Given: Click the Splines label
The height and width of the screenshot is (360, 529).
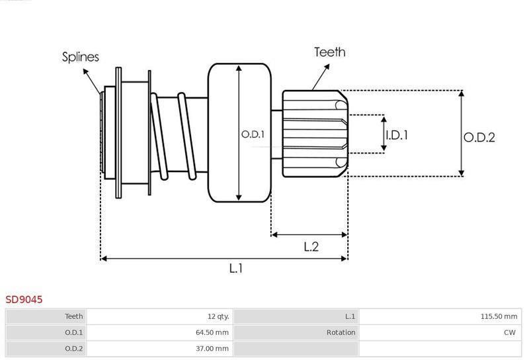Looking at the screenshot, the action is pyautogui.click(x=80, y=57).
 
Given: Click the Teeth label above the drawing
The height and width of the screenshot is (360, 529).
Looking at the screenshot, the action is pyautogui.click(x=330, y=52).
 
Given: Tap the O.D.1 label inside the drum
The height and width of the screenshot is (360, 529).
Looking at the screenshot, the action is pyautogui.click(x=253, y=134).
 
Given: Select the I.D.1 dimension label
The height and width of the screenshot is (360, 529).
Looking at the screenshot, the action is pyautogui.click(x=397, y=135).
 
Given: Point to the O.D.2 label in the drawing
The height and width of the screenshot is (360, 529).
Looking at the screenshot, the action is pyautogui.click(x=479, y=138).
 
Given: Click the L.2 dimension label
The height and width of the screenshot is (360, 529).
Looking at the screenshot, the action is pyautogui.click(x=311, y=247).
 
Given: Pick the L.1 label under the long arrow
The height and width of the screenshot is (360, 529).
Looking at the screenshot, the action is pyautogui.click(x=236, y=269).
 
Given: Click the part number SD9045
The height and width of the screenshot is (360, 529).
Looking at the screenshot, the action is pyautogui.click(x=24, y=300).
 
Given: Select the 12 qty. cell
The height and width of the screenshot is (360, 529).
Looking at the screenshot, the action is pyautogui.click(x=218, y=316).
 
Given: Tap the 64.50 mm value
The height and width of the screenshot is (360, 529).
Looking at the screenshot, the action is pyautogui.click(x=212, y=332).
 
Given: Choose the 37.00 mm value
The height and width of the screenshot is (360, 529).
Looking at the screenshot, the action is pyautogui.click(x=212, y=348).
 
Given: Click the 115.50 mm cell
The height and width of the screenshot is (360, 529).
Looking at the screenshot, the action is pyautogui.click(x=499, y=316).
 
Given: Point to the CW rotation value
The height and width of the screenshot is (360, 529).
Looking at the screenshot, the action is pyautogui.click(x=510, y=332).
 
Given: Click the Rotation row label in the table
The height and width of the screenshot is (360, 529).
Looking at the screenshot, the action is pyautogui.click(x=341, y=332).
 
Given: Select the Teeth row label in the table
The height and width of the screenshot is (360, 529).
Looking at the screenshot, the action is pyautogui.click(x=74, y=316).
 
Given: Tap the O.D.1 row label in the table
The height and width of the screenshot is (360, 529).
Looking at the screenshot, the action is pyautogui.click(x=74, y=332).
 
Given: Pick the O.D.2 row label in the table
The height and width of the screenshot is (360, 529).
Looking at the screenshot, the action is pyautogui.click(x=74, y=348).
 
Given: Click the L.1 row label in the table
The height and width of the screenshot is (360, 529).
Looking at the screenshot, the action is pyautogui.click(x=350, y=316).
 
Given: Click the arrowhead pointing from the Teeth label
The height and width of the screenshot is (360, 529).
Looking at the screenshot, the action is pyautogui.click(x=327, y=67).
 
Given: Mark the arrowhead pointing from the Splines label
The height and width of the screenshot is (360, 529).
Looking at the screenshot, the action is pyautogui.click(x=86, y=71).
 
